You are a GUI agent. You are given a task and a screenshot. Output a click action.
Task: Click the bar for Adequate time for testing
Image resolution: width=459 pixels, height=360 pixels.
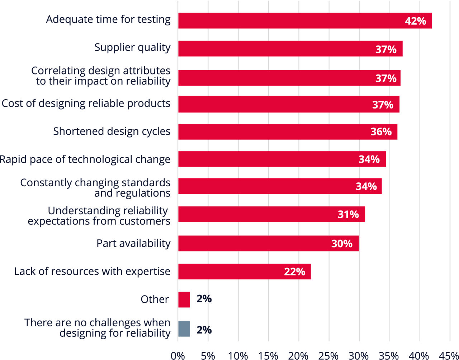(x=287, y=21)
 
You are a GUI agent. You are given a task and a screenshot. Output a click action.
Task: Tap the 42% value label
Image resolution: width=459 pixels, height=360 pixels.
(x=416, y=21)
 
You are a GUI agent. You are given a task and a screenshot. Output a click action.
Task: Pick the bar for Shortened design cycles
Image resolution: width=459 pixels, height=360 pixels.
(x=273, y=132)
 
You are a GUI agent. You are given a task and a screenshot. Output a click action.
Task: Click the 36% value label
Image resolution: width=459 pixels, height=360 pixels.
(x=381, y=132)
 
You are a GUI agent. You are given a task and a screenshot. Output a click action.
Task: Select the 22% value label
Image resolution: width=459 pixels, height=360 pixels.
(x=294, y=272)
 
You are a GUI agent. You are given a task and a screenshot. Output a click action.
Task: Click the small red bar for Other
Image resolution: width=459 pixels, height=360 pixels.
(x=184, y=299)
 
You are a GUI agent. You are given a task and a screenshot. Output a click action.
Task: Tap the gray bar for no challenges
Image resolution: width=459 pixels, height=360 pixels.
(x=184, y=329)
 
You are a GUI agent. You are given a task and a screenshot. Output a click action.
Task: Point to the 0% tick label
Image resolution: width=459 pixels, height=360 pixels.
(x=178, y=356)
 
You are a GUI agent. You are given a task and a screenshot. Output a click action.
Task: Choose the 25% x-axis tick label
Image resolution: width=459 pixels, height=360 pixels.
(x=328, y=356)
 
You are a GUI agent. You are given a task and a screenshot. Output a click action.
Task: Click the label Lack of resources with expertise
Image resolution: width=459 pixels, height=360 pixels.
(x=92, y=271)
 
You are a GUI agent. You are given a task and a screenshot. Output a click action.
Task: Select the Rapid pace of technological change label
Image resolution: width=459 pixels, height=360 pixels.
(x=85, y=159)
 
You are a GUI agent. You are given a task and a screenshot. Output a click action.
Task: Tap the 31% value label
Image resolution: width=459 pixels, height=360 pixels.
(x=348, y=214)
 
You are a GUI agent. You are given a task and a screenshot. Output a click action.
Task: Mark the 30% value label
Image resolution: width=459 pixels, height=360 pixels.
(x=342, y=244)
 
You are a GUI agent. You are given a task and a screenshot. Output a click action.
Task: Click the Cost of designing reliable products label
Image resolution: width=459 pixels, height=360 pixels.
(x=86, y=103)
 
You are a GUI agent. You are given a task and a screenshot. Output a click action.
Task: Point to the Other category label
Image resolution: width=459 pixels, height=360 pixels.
(x=155, y=299)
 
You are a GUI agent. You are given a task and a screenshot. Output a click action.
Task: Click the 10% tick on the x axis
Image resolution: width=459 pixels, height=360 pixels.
(x=238, y=356)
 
